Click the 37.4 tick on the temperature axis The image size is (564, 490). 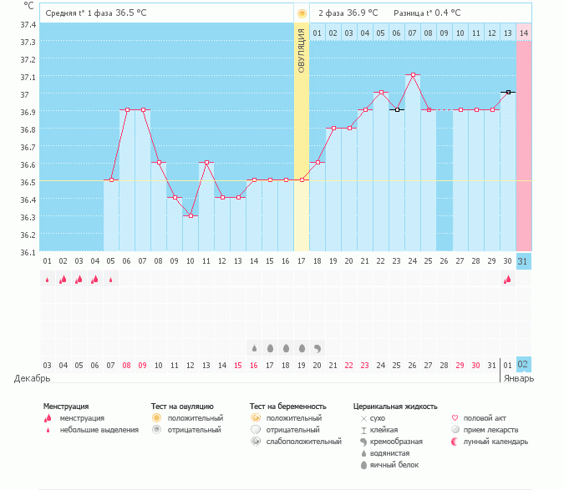point(28,24)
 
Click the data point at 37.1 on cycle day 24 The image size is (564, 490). point(413,75)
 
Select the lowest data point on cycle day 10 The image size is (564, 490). point(191,215)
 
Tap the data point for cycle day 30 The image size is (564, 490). point(508,92)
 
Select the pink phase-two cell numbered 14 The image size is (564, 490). point(524,33)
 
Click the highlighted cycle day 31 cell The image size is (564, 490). point(524,261)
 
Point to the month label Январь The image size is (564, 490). point(518,378)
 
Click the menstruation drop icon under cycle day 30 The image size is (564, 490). point(507,280)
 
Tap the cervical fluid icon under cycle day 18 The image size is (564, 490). point(318,347)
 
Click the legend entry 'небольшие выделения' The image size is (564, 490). point(99,429)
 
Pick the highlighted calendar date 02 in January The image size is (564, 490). point(524,365)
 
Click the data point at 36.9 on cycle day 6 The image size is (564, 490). point(127,109)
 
